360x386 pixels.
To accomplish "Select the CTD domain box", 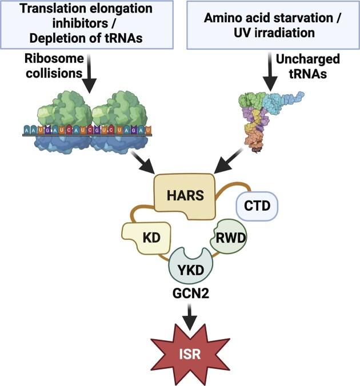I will pyautogui.click(x=257, y=205).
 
